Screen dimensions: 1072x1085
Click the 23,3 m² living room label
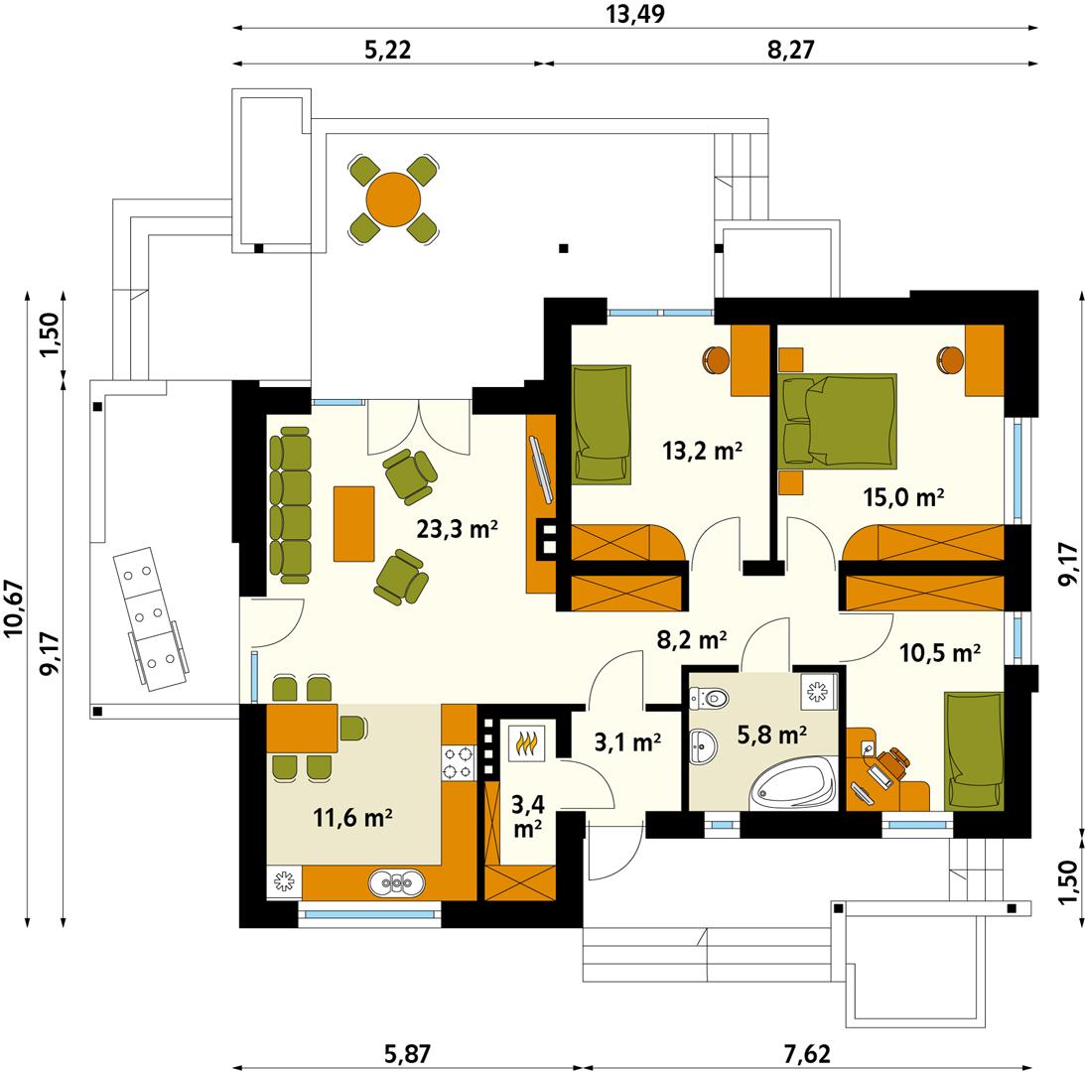coord(456,529)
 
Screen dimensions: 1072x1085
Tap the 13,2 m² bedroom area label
coord(702,452)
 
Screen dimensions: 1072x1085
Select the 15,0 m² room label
coord(901,497)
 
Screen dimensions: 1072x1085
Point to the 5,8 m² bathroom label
coord(771,736)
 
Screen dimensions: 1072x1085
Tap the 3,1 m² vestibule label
coord(627,741)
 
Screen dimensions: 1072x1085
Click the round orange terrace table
coord(393,200)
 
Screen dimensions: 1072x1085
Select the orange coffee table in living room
coord(353,522)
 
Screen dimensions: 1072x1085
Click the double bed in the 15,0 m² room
coord(840,420)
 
